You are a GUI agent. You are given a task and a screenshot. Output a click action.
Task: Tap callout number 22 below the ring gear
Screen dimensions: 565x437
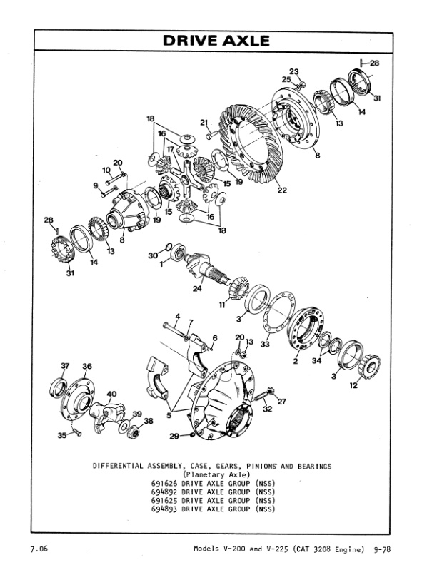(282, 190)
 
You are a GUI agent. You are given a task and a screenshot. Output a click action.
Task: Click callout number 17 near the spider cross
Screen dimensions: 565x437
(171, 150)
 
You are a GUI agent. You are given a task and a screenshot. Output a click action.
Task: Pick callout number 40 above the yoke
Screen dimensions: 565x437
(111, 393)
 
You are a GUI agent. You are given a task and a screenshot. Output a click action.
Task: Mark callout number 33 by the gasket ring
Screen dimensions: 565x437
(265, 344)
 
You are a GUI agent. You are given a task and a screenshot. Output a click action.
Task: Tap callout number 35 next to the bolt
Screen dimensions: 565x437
(62, 434)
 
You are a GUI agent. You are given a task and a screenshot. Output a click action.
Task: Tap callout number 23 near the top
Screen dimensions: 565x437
(293, 71)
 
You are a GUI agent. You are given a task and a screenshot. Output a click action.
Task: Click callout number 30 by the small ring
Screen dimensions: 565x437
(153, 255)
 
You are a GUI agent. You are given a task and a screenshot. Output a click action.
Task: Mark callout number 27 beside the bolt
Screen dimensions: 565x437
(281, 402)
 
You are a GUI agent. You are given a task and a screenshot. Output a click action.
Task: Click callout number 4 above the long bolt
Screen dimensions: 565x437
(178, 316)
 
